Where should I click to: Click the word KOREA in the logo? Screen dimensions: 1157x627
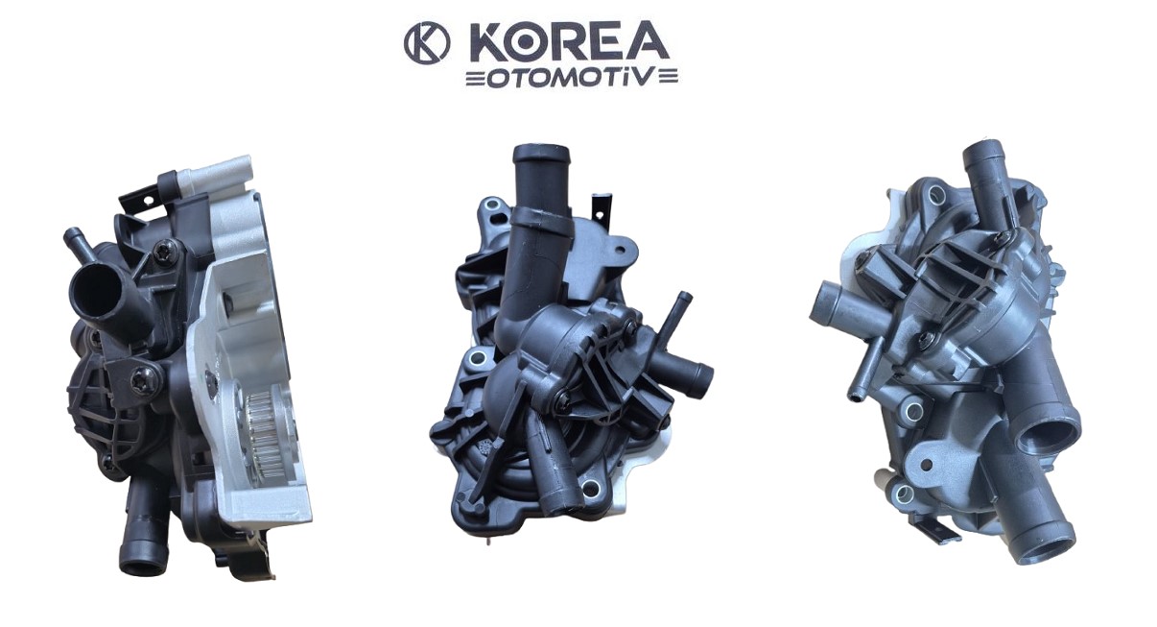[567, 42]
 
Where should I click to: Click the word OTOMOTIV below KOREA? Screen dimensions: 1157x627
[572, 79]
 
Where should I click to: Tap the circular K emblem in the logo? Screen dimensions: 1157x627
[427, 42]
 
